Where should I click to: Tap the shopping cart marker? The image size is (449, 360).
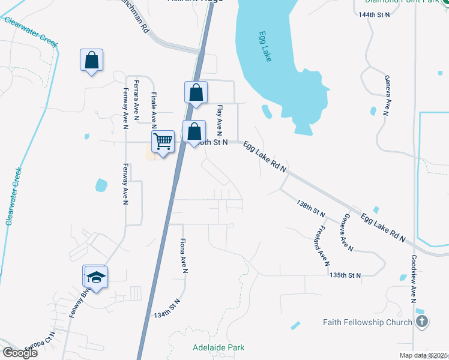click(x=163, y=142)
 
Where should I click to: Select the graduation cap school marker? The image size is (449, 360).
click(x=95, y=277)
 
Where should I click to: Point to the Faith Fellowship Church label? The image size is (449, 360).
click(x=367, y=322)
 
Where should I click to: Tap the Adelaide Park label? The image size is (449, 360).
click(x=218, y=347)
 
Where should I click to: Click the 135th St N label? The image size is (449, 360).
click(x=346, y=275)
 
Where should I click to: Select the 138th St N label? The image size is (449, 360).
click(x=311, y=209)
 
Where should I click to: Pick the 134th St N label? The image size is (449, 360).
click(x=167, y=310)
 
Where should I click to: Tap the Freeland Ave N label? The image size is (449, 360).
click(x=323, y=245)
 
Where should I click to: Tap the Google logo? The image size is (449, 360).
click(x=20, y=353)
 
